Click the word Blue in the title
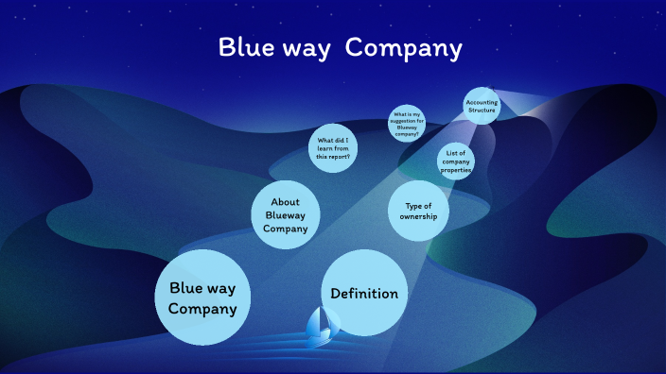(x=245, y=47)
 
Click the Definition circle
(x=364, y=294)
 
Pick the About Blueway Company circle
(x=286, y=215)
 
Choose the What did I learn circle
(x=333, y=148)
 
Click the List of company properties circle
(x=456, y=162)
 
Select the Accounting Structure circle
(x=482, y=106)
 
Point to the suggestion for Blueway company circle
(x=407, y=124)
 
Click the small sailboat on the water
(x=320, y=327)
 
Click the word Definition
(x=364, y=294)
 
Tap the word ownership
(x=418, y=218)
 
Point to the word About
(x=286, y=202)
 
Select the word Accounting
(x=482, y=102)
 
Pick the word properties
(x=456, y=170)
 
